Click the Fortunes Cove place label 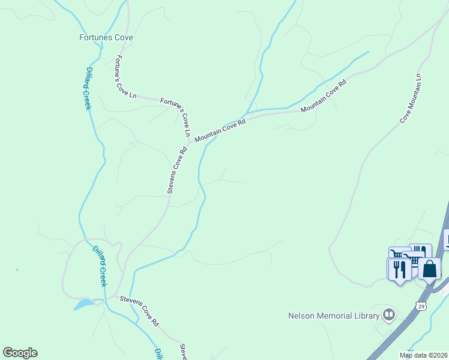click(x=106, y=37)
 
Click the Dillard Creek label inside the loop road click(x=99, y=265)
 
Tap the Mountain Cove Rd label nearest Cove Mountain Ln click(x=324, y=96)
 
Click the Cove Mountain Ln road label click(x=412, y=99)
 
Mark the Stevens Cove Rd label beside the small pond click(x=139, y=310)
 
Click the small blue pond click(x=83, y=304)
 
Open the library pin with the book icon click(x=390, y=315)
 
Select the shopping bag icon click(x=430, y=268)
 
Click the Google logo click(x=20, y=353)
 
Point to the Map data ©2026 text click(x=423, y=355)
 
